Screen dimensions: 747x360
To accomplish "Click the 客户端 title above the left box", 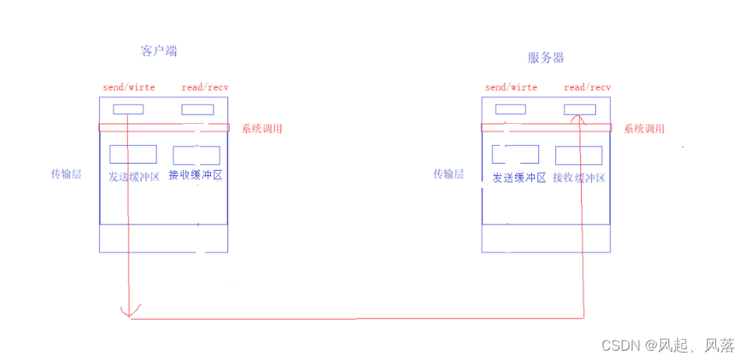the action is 159,51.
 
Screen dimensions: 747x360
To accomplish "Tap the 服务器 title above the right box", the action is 546,58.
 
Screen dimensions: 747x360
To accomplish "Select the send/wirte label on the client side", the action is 129,88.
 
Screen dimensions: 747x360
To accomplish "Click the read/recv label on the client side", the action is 205,88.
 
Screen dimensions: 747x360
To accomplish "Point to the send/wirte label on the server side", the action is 511,88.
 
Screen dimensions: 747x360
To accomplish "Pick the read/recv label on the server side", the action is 587,88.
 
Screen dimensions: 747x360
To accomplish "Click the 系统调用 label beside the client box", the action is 262,129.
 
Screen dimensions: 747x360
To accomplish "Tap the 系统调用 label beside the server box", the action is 644,129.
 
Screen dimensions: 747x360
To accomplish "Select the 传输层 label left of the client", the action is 66,174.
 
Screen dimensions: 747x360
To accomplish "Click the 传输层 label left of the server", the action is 449,174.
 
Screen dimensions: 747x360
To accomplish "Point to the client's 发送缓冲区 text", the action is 134,177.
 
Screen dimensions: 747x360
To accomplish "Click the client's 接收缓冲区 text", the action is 196,175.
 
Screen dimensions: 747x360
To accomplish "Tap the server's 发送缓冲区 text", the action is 519,178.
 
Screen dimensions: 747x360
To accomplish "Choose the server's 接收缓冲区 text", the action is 579,178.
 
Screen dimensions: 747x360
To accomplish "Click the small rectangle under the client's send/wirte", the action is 129,109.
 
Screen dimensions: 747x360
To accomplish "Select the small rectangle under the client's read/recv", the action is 197,110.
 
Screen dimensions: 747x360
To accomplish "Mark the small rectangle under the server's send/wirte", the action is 510,109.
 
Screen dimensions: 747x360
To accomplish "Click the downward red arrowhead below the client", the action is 129,312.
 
